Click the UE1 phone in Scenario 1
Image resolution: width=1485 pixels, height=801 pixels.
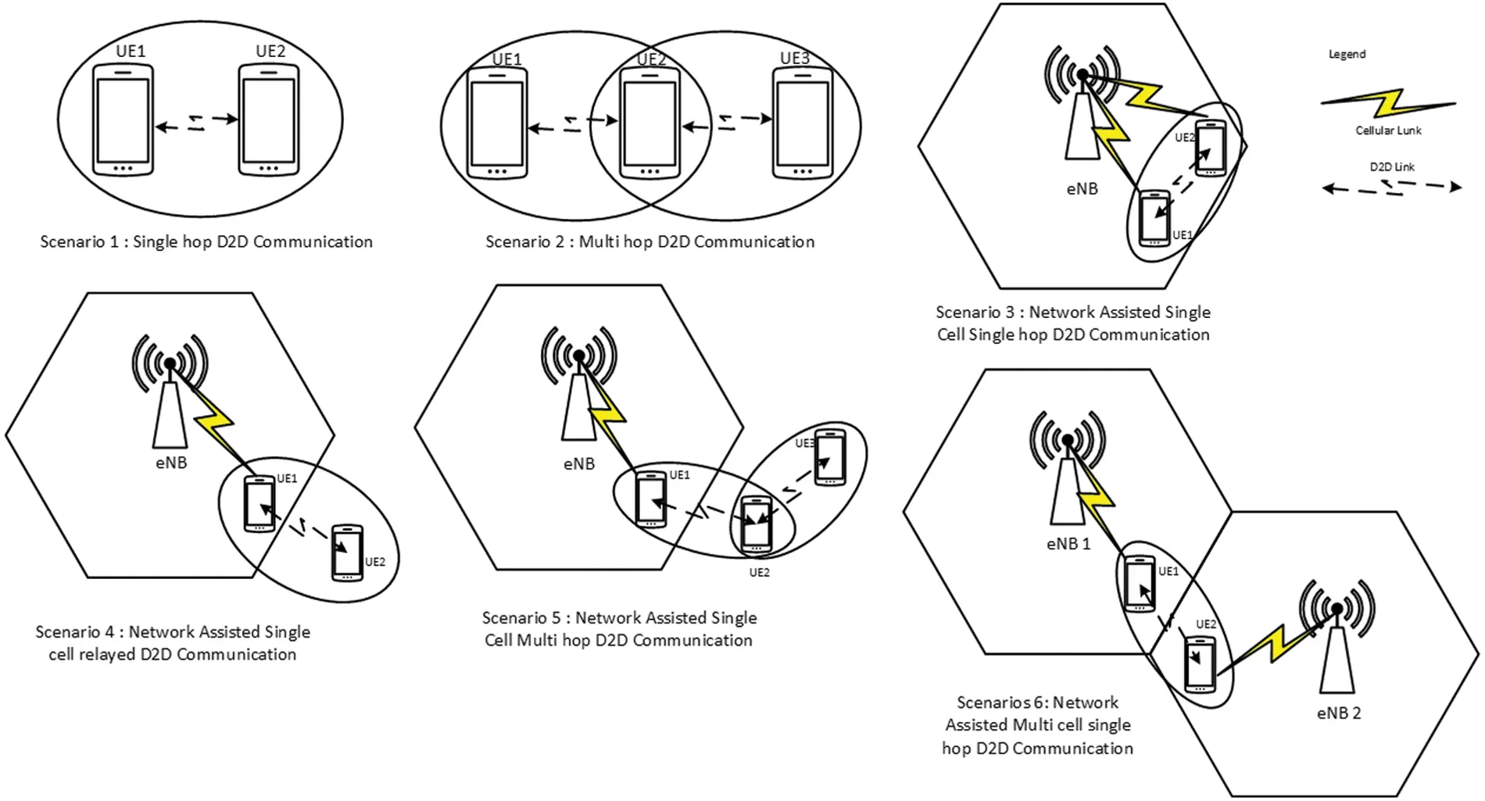click(x=123, y=120)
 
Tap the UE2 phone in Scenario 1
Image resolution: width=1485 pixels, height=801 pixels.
click(x=269, y=120)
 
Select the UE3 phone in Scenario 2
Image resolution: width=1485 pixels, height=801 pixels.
click(x=802, y=123)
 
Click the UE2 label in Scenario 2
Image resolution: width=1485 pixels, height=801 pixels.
click(x=651, y=59)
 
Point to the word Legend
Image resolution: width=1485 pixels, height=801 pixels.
click(x=1347, y=54)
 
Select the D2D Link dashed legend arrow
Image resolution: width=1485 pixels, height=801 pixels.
click(x=1391, y=188)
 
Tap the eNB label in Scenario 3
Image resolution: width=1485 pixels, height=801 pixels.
click(x=1082, y=188)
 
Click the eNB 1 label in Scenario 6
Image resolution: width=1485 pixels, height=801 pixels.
click(x=1068, y=544)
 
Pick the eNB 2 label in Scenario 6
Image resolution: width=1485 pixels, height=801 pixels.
click(x=1338, y=713)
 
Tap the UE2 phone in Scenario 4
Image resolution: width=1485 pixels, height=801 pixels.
click(x=347, y=553)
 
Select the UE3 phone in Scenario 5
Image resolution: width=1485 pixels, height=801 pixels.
click(x=830, y=457)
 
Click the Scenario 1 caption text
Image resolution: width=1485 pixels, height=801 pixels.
click(x=206, y=242)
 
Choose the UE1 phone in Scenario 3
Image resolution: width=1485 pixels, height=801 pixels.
click(x=1154, y=218)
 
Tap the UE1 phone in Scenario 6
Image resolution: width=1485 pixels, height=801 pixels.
click(x=1140, y=584)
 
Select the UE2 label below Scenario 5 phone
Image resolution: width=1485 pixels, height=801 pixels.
click(x=759, y=573)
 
